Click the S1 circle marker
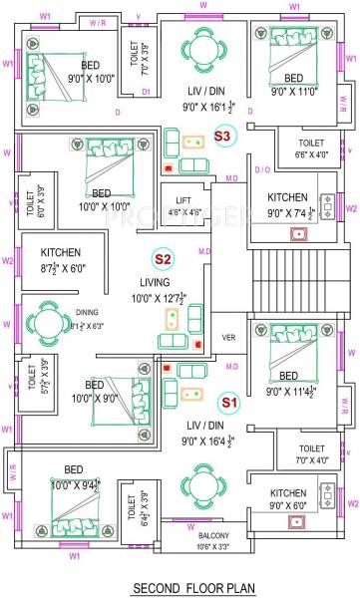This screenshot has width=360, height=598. tap(228, 403)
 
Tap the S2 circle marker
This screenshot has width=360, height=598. tap(163, 260)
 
